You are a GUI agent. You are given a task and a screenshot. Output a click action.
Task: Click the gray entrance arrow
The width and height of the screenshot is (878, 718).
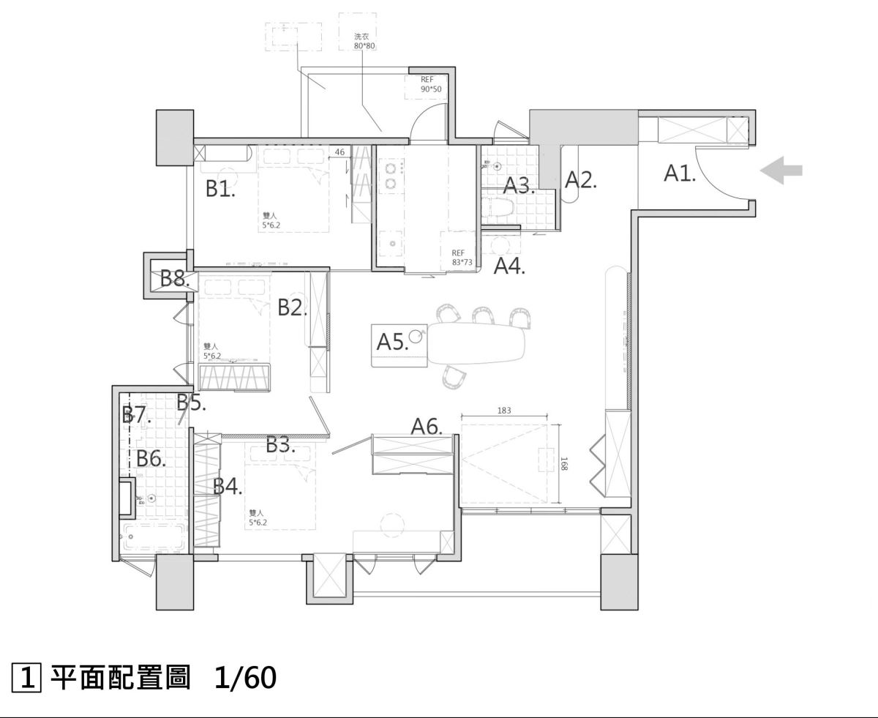[781, 171]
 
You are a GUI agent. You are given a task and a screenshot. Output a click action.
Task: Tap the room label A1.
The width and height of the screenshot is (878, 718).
[680, 173]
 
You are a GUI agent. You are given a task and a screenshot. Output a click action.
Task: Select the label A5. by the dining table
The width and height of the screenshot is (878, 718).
[392, 341]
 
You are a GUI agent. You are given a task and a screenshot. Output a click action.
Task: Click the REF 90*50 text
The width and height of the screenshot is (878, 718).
[432, 85]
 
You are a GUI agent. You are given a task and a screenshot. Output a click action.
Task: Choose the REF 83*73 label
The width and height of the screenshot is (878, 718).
[463, 257]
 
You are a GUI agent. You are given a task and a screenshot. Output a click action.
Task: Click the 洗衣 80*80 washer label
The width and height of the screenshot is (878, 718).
[364, 40]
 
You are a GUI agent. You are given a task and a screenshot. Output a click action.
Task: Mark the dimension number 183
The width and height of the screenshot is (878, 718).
[504, 411]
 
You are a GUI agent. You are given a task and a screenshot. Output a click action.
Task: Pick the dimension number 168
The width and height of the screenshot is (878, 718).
[562, 464]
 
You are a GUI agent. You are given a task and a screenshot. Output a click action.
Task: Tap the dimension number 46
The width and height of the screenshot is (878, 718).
[339, 152]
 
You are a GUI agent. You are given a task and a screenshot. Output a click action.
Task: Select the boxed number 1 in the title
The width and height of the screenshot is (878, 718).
[26, 678]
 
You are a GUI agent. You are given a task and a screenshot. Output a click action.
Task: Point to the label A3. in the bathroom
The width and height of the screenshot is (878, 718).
[519, 185]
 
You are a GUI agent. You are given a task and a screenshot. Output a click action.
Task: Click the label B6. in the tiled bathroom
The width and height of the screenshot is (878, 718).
[151, 459]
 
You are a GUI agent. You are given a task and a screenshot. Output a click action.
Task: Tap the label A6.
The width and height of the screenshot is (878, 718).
[427, 426]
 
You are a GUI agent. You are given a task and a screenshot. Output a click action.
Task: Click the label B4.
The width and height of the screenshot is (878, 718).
[228, 487]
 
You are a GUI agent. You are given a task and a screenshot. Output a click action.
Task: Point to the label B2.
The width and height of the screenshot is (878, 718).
[292, 308]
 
